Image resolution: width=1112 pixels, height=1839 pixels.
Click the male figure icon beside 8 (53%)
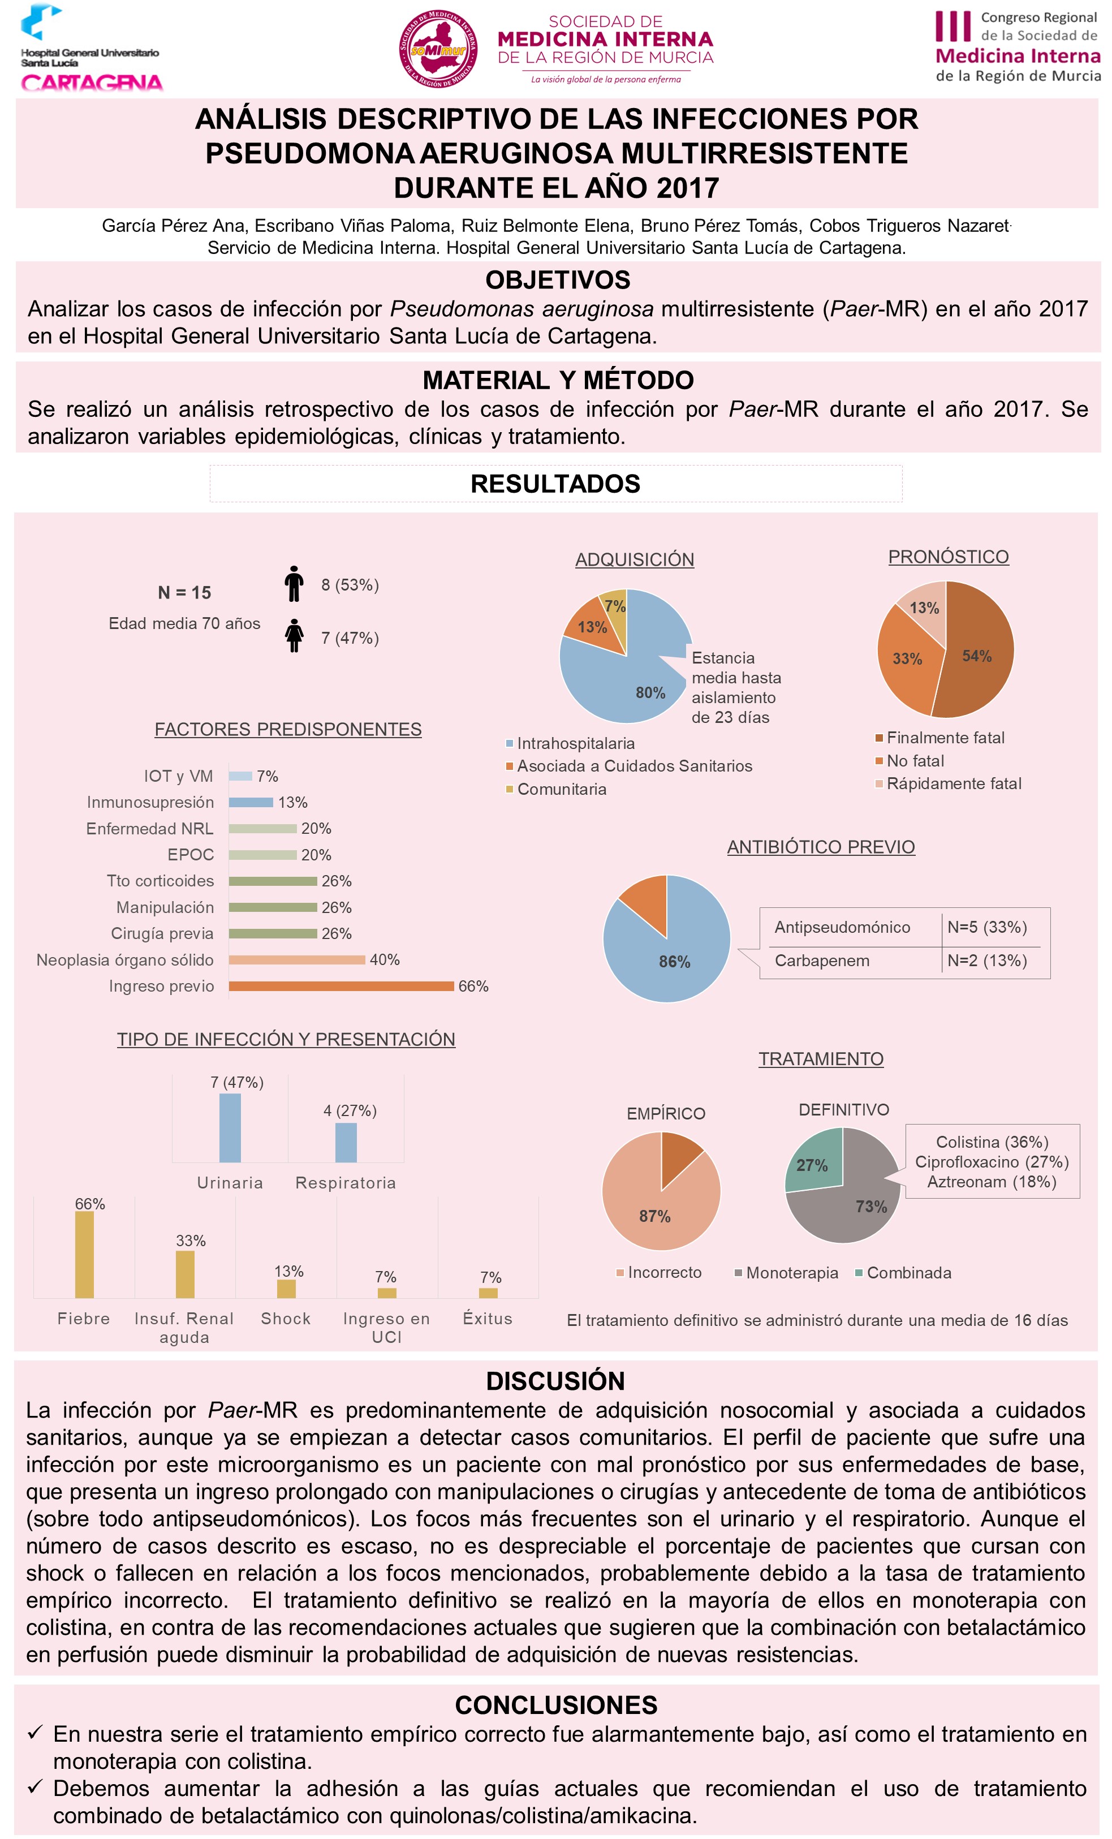[294, 584]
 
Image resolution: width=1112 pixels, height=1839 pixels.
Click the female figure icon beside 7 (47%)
[295, 636]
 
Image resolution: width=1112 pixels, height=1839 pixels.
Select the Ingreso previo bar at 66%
[341, 986]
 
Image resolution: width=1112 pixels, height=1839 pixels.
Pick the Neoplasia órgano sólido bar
[297, 960]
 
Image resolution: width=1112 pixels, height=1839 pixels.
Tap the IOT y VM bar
[240, 776]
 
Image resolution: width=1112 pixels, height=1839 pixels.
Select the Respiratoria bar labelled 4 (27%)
[346, 1143]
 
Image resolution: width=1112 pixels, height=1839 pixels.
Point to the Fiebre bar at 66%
[84, 1254]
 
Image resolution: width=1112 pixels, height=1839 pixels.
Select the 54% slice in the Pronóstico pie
[977, 649]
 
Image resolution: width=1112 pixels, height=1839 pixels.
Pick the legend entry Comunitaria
[561, 789]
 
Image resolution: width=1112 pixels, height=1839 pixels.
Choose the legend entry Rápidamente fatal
[953, 783]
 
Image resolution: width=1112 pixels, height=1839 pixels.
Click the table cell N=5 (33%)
[986, 927]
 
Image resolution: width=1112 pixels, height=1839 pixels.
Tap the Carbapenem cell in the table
[822, 961]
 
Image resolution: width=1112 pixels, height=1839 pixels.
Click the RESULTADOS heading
[555, 484]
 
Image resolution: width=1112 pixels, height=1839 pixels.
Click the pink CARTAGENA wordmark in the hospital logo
[92, 83]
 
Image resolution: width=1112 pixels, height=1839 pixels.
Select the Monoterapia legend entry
[791, 1273]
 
